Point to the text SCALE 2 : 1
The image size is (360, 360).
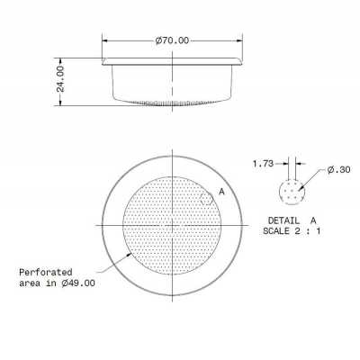[x=292, y=231]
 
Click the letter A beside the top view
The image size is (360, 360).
[x=221, y=192]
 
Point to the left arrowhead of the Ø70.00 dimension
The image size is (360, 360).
[x=104, y=41]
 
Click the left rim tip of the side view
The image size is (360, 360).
[x=101, y=61]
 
